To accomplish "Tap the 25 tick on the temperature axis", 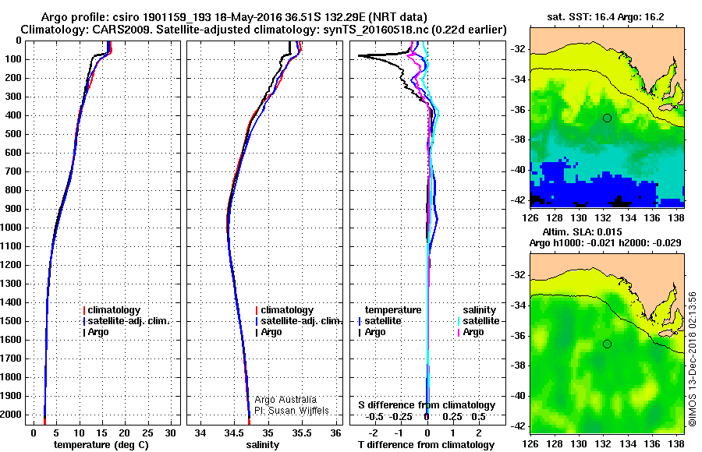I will coord(148,432).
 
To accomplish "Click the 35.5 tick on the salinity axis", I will coord(302,432).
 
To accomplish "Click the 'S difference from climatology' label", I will coord(427,405).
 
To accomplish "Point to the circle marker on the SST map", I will coord(608,118).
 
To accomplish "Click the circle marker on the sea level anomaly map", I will coord(608,344).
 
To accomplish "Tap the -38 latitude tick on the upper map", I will coord(518,139).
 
